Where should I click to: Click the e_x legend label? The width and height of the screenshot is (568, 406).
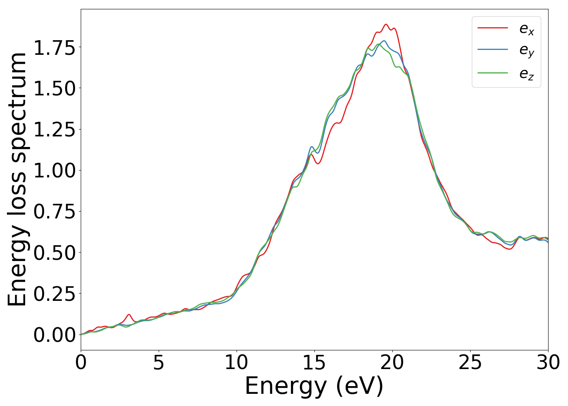coord(527,29)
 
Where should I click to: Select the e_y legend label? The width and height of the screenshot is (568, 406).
coord(527,51)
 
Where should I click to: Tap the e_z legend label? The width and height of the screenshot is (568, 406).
coord(527,74)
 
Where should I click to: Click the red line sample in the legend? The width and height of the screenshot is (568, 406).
coord(493,28)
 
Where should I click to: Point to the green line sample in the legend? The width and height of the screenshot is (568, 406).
coord(493,73)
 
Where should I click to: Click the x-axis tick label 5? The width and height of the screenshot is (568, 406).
coord(159,363)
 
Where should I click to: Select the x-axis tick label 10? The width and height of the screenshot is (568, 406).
coord(237,363)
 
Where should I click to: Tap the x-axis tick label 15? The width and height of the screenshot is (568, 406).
coord(314,363)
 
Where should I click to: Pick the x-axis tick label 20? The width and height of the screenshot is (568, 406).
coord(392,363)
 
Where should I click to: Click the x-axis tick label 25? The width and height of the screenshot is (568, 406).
coord(470,363)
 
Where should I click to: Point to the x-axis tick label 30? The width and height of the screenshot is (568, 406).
coord(548,363)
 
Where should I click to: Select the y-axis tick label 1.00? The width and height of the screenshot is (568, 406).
coord(54,171)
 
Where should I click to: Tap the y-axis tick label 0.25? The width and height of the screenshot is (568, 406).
coord(54,294)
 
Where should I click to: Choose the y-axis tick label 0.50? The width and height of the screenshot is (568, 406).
coord(54,253)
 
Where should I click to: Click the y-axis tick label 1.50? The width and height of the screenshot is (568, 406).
coord(54,89)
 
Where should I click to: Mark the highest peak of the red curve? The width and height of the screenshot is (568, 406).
coord(386,24)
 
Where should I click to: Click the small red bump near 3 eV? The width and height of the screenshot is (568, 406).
coord(129,315)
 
